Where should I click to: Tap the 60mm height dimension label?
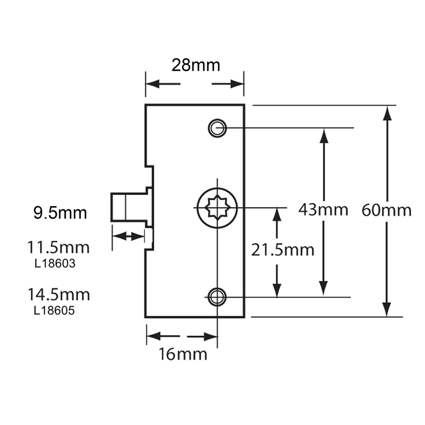click(x=386, y=210)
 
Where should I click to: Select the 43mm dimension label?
click(x=323, y=209)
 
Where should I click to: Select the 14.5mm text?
click(x=59, y=294)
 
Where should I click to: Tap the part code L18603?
click(x=54, y=263)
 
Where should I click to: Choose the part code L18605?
click(x=54, y=310)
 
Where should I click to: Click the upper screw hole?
click(x=217, y=128)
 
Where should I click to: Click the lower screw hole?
click(x=217, y=297)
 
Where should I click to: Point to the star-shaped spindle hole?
click(x=217, y=207)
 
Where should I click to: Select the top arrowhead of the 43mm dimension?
click(x=322, y=136)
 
